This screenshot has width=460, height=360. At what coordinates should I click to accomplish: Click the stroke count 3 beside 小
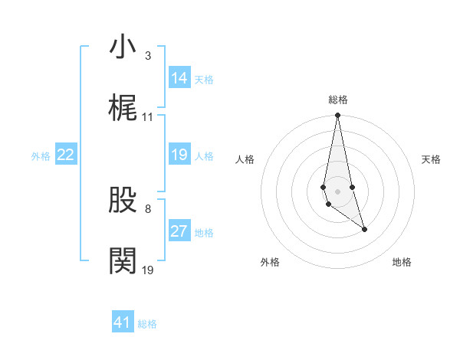pos(147,56)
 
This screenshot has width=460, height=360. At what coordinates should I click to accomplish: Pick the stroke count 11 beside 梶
pos(148,117)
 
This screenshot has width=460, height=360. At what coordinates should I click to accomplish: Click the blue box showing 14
pos(179,78)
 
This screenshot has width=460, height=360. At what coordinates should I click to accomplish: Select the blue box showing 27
pos(179,231)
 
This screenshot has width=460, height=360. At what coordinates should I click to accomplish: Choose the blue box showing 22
pos(66,155)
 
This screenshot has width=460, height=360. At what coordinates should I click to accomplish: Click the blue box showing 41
pos(123,322)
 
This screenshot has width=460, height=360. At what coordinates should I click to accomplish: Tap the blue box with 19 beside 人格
pos(179,155)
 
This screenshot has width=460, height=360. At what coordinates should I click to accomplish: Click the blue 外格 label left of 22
pos(41,156)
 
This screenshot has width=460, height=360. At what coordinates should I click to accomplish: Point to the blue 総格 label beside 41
pos(147,324)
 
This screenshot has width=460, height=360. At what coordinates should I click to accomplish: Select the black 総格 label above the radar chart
pos(337,100)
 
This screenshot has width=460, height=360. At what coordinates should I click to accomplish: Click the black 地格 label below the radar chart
pos(402,263)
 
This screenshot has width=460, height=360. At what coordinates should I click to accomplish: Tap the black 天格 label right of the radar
pos(432,159)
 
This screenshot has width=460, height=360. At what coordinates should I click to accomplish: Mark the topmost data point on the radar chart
pos(337,116)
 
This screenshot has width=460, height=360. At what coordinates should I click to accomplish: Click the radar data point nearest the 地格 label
pos(364,229)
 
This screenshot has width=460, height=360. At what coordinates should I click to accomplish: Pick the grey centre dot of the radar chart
pos(337,191)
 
